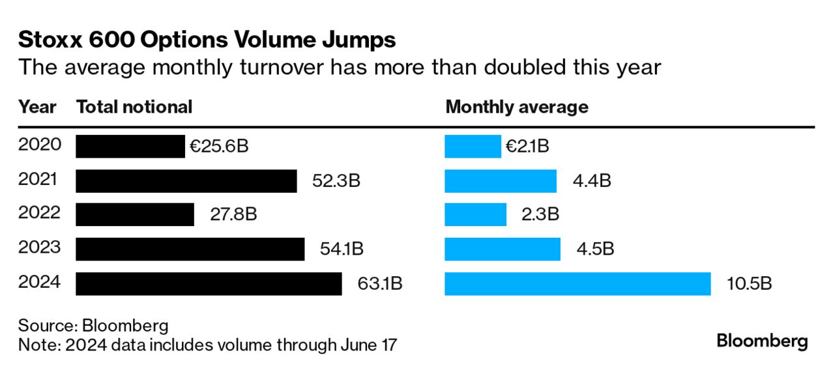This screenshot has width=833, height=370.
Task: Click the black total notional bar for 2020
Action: [130, 146]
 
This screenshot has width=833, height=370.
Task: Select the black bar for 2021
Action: [186, 180]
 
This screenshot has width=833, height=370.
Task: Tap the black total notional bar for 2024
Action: [209, 283]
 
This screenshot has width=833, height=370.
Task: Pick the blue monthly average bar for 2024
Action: [577, 283]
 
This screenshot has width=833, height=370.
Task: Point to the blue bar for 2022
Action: [475, 214]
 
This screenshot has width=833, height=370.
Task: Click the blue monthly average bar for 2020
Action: [473, 146]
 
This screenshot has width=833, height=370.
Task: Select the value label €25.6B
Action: [219, 146]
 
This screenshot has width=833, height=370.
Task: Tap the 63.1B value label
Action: [380, 283]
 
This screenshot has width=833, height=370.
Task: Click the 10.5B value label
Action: [750, 283]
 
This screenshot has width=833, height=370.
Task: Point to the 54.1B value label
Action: [342, 249]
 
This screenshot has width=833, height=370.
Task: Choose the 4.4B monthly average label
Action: [592, 180]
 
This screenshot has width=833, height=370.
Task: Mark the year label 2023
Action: [39, 248]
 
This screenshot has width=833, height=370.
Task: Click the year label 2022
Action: [39, 213]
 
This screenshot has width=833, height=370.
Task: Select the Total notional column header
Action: [134, 107]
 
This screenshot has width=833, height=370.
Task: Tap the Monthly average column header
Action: [516, 107]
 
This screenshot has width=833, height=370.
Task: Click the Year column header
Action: [37, 107]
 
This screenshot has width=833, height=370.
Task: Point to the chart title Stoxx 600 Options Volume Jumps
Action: [207, 40]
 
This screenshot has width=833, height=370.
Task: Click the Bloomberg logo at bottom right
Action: [762, 341]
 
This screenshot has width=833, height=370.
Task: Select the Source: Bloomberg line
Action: [93, 326]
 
